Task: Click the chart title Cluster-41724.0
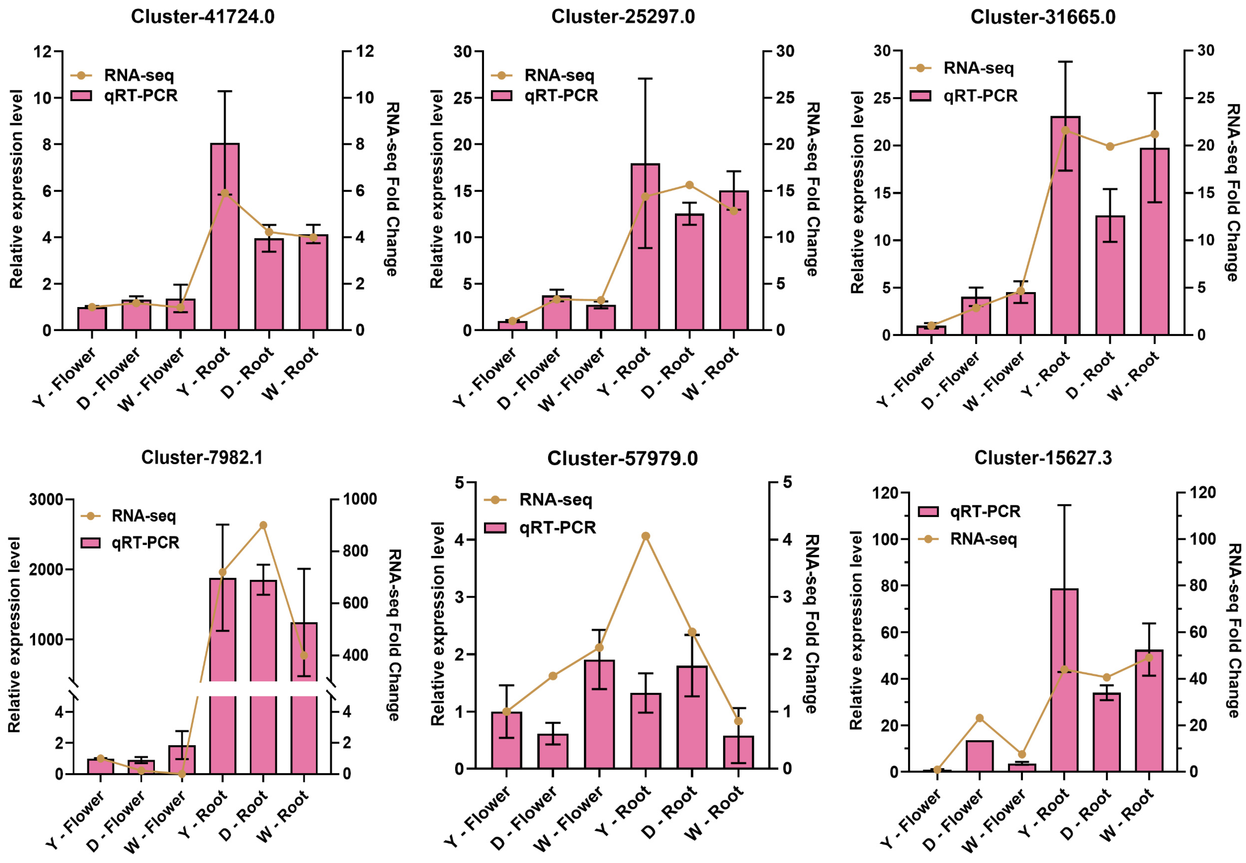coord(203,17)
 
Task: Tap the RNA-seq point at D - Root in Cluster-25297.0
coord(689,185)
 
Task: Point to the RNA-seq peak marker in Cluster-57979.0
coord(645,536)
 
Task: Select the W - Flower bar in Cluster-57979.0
coord(599,714)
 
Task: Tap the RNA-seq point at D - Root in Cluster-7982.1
coord(263,525)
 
